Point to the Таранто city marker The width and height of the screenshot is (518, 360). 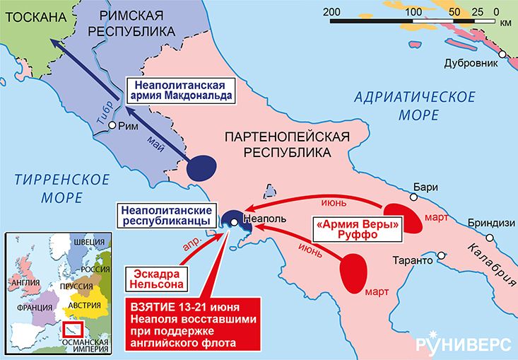point(442,254)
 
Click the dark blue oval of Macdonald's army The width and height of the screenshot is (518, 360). point(201,167)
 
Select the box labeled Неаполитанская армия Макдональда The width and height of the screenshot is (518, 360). point(179,88)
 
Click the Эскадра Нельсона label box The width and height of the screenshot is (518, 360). point(158,278)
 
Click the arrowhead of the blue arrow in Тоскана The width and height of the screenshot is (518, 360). point(56,45)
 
